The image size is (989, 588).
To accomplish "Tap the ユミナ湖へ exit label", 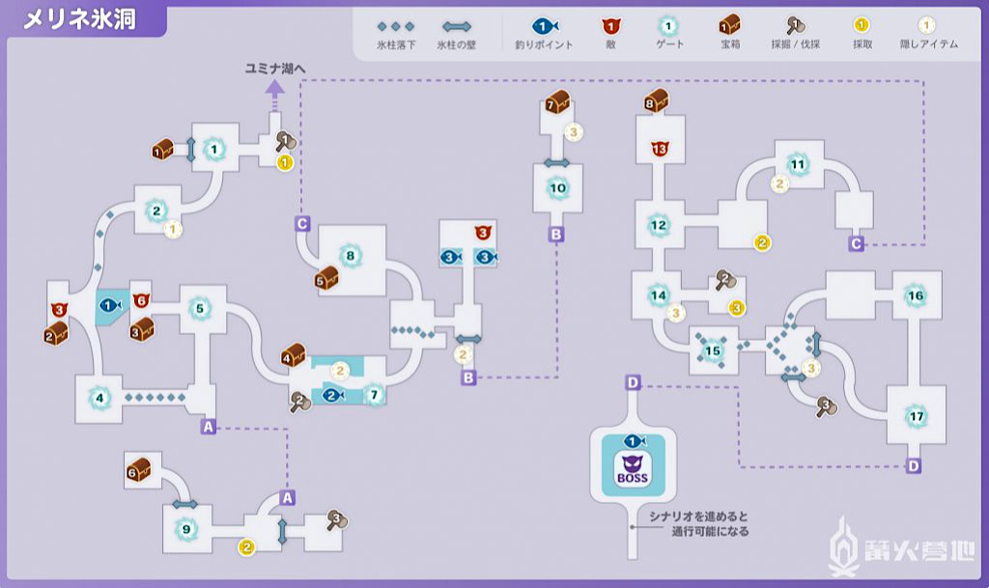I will pyautogui.click(x=275, y=68).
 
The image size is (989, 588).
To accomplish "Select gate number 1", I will pyautogui.click(x=213, y=149).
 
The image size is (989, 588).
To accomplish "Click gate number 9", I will pyautogui.click(x=184, y=528).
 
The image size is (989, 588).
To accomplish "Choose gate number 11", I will pyautogui.click(x=798, y=165).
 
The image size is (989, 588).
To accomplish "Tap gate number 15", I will pyautogui.click(x=714, y=350).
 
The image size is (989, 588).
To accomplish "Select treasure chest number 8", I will pyautogui.click(x=657, y=99).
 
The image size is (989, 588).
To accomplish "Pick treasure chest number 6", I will pyautogui.click(x=138, y=471).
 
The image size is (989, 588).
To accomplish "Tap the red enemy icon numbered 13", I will pyautogui.click(x=661, y=149).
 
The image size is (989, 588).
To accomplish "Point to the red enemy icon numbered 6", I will pyautogui.click(x=141, y=299).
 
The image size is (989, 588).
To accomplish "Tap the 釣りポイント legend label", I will pyautogui.click(x=543, y=44).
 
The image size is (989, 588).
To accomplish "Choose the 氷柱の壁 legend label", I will pyautogui.click(x=458, y=44).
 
